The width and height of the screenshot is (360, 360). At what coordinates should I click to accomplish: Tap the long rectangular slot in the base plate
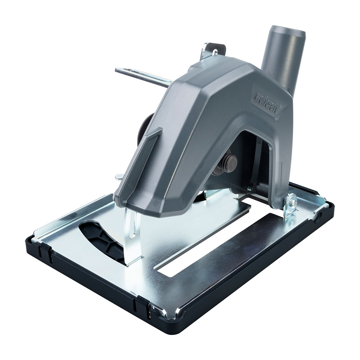[x=216, y=245]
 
